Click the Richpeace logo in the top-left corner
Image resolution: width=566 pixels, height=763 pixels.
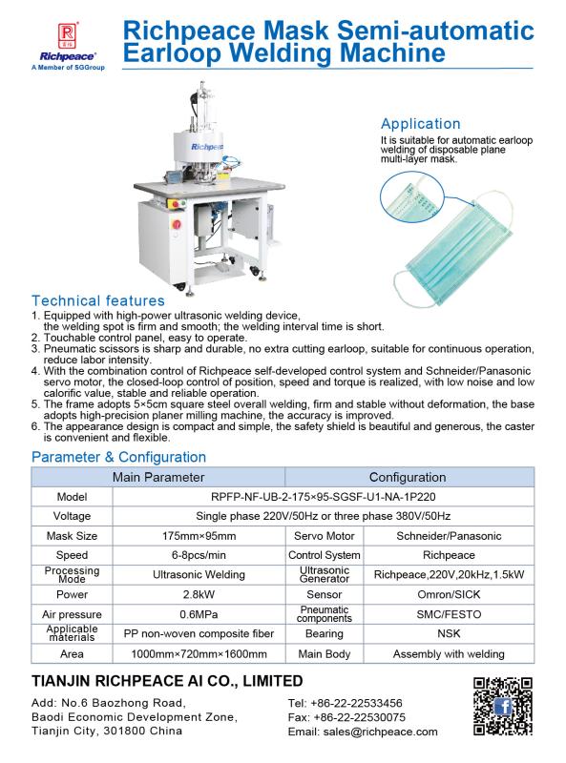[41, 43]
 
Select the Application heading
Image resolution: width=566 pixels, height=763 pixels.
[420, 124]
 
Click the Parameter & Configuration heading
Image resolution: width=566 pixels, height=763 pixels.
[118, 457]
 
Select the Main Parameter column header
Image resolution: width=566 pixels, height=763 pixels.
[158, 477]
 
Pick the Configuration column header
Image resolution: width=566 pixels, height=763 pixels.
[408, 477]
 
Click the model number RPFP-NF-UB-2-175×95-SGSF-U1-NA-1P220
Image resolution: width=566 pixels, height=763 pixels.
[324, 497]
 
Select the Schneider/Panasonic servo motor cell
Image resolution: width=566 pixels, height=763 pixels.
[449, 536]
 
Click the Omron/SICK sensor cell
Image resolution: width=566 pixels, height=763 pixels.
[449, 595]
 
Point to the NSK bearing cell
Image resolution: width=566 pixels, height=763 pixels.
[449, 635]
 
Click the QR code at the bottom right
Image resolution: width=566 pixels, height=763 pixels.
[502, 707]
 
